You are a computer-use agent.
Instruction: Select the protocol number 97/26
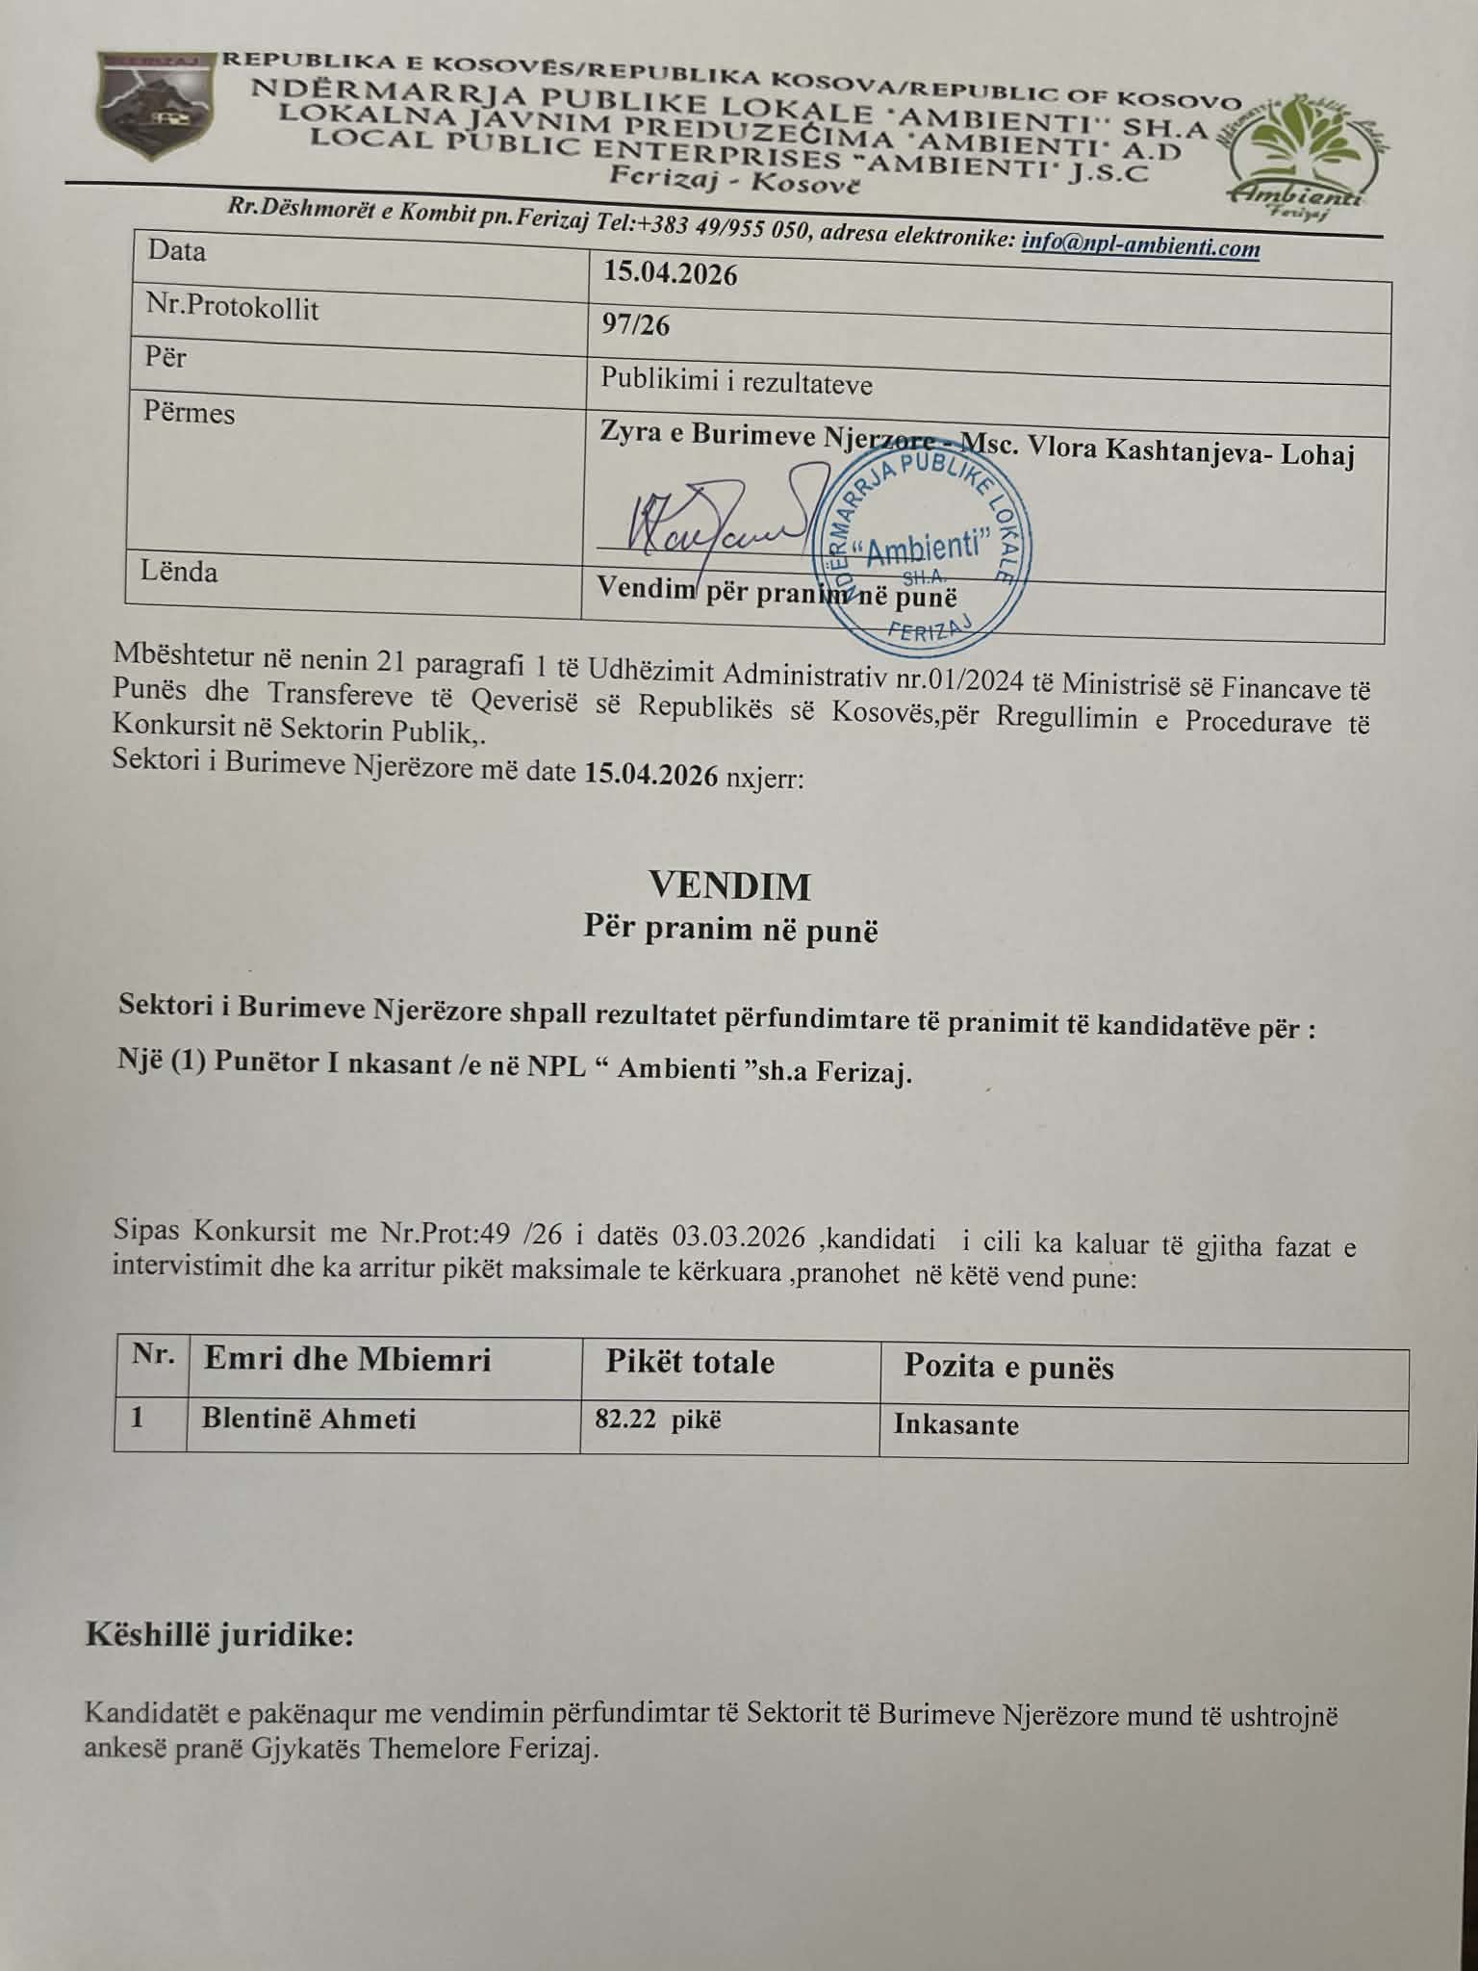(x=635, y=325)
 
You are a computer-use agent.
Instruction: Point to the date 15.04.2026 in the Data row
(x=670, y=274)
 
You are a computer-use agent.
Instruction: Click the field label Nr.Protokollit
(x=232, y=308)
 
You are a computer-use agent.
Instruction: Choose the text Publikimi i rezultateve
(x=736, y=383)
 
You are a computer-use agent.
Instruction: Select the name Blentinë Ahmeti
(x=309, y=1419)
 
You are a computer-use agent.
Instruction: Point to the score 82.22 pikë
(x=657, y=1420)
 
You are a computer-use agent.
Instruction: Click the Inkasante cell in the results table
(x=956, y=1425)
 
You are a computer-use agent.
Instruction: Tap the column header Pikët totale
(x=690, y=1362)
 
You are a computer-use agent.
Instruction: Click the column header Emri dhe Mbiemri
(x=346, y=1359)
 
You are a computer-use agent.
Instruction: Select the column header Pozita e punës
(x=1007, y=1368)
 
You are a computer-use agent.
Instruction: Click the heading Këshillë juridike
(x=220, y=1635)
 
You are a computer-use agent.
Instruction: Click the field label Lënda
(x=180, y=572)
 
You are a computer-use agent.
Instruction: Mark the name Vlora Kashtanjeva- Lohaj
(x=1204, y=453)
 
